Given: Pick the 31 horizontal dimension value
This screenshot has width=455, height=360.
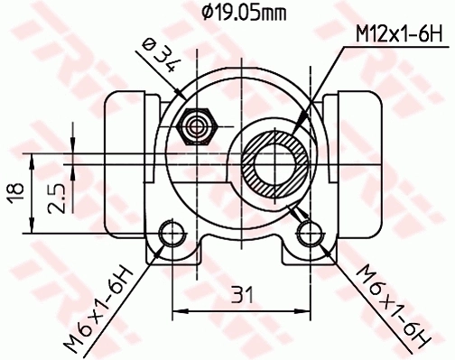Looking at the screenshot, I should tap(239, 294).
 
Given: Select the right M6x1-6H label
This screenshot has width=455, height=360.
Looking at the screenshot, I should tap(389, 307).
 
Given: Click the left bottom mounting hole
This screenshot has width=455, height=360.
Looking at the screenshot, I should tap(169, 235).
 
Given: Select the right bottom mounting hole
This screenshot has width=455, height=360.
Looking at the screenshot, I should tap(310, 235).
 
